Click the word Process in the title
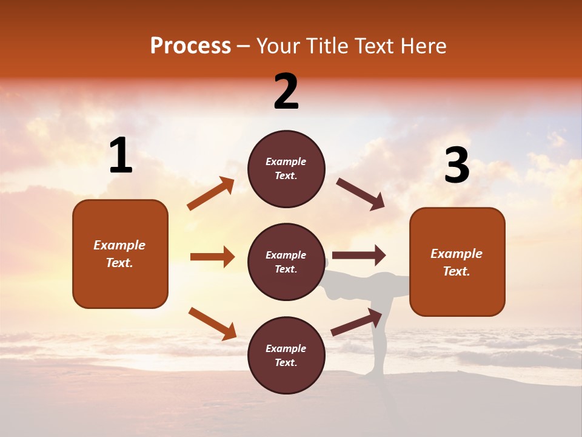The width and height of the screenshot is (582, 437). [x=190, y=46]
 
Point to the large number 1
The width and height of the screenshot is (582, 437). [x=121, y=156]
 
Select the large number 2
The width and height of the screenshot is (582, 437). [x=286, y=92]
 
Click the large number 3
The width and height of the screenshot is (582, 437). [x=457, y=166]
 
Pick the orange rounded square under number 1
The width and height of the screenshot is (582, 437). [x=120, y=254]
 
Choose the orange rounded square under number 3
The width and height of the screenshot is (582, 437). [x=457, y=262]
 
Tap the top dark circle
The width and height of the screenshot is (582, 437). [x=286, y=169]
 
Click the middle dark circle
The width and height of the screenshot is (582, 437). [x=286, y=262]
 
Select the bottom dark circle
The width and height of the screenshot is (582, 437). [x=286, y=355]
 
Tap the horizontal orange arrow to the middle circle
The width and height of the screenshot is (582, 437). [x=212, y=257]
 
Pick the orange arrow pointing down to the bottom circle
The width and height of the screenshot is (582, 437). [x=212, y=323]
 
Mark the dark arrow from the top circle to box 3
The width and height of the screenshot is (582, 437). [x=360, y=194]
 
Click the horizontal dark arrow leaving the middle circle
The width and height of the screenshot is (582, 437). [x=358, y=256]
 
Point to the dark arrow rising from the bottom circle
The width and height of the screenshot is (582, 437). [x=356, y=322]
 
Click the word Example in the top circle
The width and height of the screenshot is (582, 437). [x=286, y=162]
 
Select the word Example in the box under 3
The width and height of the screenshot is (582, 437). [x=457, y=254]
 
